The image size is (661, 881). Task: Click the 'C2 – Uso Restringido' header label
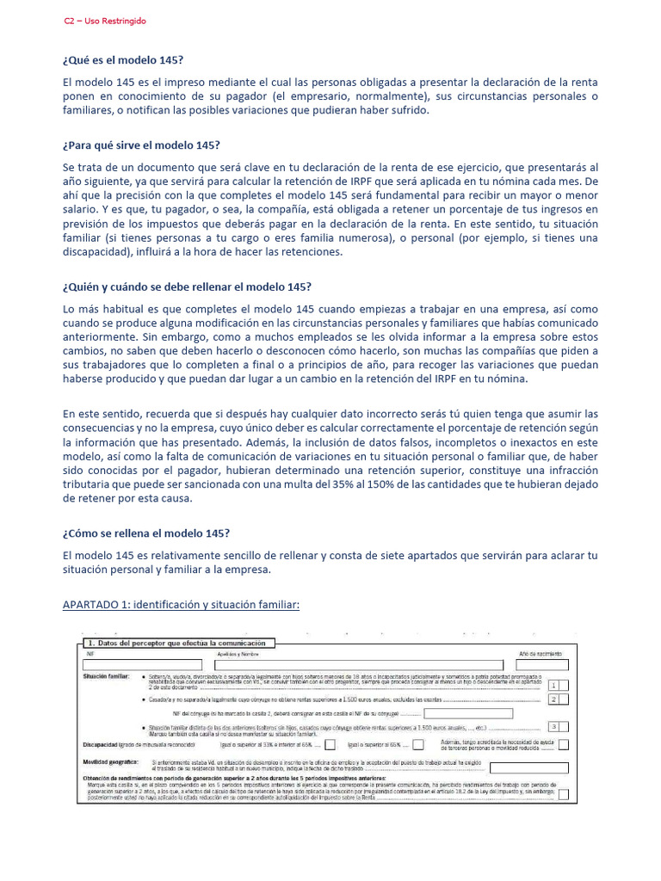coord(105,21)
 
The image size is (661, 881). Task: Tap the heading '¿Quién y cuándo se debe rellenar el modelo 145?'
coord(187,286)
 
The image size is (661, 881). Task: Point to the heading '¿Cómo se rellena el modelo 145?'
coord(145,533)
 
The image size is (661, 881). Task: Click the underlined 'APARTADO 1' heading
coord(181,605)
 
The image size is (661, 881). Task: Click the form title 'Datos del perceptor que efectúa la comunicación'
coord(179,643)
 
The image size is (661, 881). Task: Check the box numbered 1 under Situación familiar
coord(557,685)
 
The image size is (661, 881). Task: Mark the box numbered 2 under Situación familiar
coord(557,700)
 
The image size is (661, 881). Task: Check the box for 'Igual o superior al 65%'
coord(417,745)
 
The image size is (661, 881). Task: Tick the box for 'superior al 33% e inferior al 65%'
coord(330,745)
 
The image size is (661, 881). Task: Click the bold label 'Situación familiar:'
coord(106,677)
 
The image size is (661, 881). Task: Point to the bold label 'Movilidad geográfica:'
coord(111,762)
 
